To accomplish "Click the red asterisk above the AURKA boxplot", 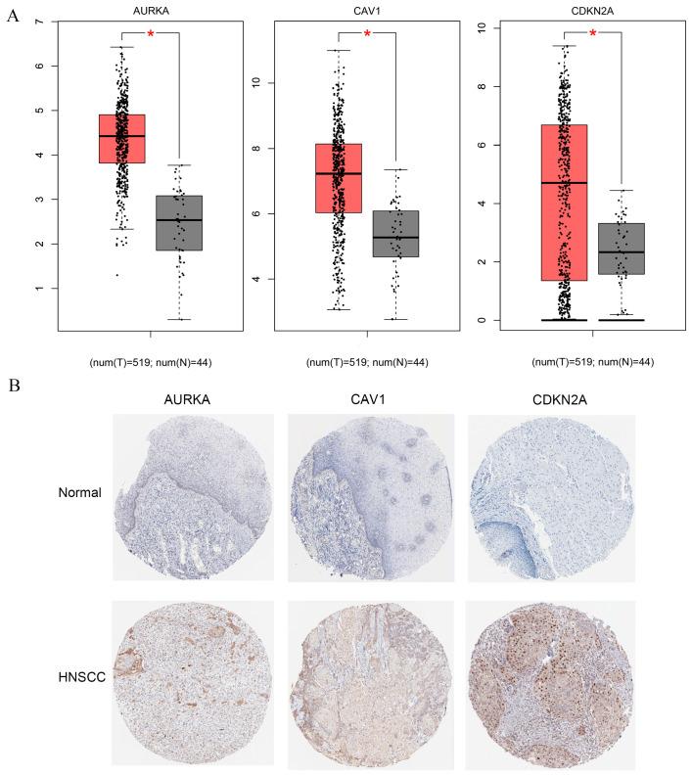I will tap(151, 34).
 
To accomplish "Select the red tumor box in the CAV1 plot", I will tap(339, 177).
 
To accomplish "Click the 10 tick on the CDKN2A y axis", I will tap(473, 27).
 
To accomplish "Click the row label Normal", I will tap(79, 492).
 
